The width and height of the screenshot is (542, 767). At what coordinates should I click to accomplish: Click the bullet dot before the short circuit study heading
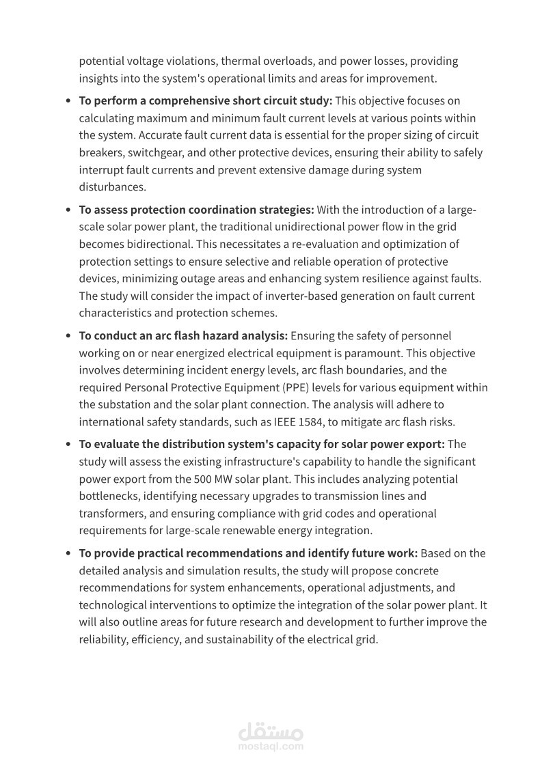[68, 101]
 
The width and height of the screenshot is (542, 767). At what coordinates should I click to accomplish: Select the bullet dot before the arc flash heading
[68, 336]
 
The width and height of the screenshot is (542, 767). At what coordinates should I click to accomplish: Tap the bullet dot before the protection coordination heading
[68, 210]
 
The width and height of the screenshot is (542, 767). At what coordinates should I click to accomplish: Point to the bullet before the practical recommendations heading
[68, 553]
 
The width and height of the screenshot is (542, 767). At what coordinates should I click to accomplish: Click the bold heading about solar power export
[261, 444]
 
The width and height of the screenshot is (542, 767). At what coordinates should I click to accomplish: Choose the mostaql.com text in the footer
[271, 747]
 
